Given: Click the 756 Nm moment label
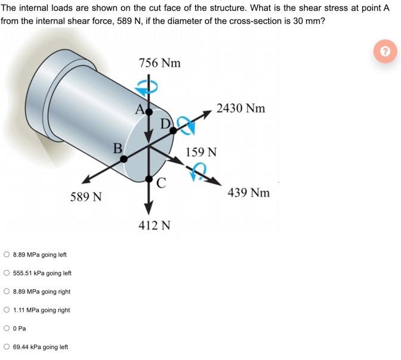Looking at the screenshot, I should (159, 63).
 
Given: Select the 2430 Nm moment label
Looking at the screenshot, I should (240, 108).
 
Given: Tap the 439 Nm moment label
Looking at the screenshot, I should (249, 193).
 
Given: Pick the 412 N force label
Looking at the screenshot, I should (155, 225).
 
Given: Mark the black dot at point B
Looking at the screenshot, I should (124, 159).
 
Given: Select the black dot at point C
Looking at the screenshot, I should (149, 178).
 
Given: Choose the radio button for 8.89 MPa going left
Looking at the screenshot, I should (6, 255).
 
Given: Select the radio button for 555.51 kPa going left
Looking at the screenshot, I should (6, 273).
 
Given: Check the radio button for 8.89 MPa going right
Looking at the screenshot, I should (6, 291).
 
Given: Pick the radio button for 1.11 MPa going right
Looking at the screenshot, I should (6, 310).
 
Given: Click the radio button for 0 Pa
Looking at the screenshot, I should (6, 328).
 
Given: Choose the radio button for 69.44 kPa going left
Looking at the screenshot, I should (6, 347).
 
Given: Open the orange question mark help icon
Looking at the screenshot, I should (385, 52).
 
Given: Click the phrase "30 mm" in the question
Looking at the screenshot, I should (309, 20).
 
